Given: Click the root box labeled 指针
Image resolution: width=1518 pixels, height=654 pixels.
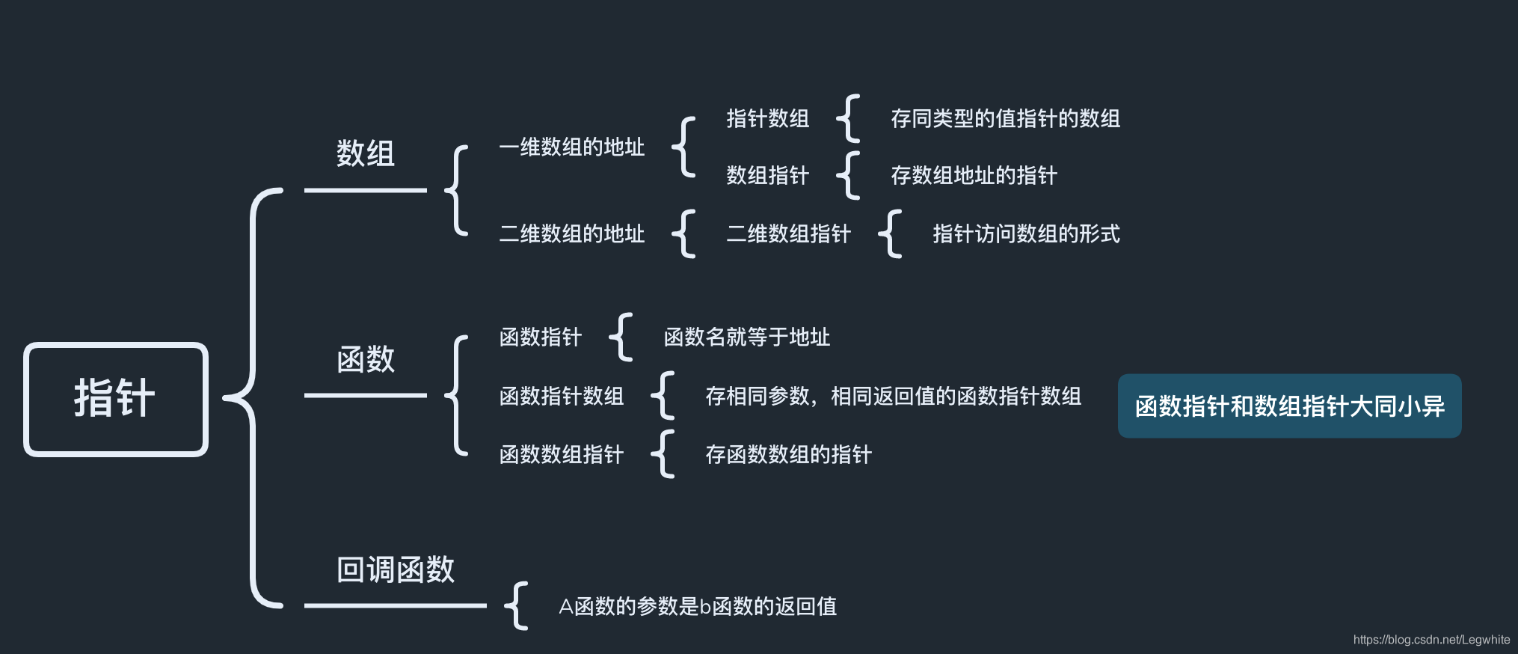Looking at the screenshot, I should (115, 399).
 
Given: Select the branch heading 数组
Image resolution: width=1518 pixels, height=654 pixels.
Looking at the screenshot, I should (365, 153).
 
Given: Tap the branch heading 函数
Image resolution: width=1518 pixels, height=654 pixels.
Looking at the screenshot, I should (365, 359).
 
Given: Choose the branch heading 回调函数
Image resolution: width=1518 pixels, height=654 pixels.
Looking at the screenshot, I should (395, 569).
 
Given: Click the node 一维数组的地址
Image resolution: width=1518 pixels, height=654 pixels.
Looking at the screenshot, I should (571, 147).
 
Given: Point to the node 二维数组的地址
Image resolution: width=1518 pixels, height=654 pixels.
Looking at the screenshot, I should (571, 234).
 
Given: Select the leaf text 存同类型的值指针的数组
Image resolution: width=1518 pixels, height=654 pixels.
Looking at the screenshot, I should (1005, 119).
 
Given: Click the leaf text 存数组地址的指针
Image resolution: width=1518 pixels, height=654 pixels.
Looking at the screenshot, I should (974, 176).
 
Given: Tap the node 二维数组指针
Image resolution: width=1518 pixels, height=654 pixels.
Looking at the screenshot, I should (788, 234).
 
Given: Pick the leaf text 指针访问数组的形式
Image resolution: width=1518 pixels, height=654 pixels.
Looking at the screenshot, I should (1026, 234).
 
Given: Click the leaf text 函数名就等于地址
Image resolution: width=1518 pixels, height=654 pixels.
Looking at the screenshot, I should (746, 337).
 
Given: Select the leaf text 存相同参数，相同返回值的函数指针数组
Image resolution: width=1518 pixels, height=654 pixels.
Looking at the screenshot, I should (893, 396).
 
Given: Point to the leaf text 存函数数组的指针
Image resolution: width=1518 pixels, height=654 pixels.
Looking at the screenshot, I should (788, 454).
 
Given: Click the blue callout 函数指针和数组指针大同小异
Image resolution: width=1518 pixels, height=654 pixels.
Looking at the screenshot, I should (1289, 406).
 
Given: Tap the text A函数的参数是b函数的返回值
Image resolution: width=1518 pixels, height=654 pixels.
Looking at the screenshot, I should (697, 606).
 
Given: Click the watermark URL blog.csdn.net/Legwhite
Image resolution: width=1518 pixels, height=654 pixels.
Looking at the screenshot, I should (1431, 640).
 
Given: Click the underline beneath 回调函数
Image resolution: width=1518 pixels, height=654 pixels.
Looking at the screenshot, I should (395, 605).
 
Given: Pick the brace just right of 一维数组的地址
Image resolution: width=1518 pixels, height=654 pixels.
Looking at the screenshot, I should (683, 147).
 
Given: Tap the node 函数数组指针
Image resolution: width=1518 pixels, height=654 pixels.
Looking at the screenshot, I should (561, 454).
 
